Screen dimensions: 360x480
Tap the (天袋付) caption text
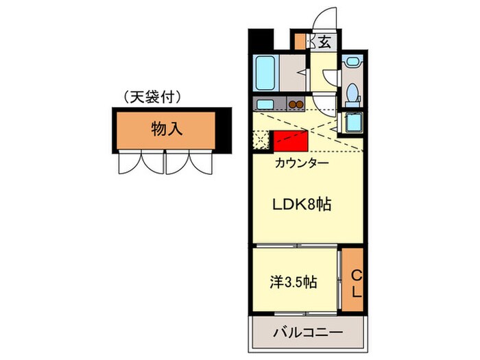[x=152, y=97]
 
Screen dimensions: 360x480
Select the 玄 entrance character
[x=324, y=42]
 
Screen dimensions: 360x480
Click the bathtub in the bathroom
[x=265, y=73]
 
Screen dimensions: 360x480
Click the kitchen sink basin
[x=264, y=104]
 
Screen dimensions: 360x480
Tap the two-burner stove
[x=296, y=104]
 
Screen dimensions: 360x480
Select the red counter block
[x=290, y=141]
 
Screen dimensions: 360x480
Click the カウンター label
[x=302, y=163]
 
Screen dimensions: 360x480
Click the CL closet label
[x=356, y=282]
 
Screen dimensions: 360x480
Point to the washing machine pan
[x=352, y=123]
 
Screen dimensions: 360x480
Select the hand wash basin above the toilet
[x=353, y=62]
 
